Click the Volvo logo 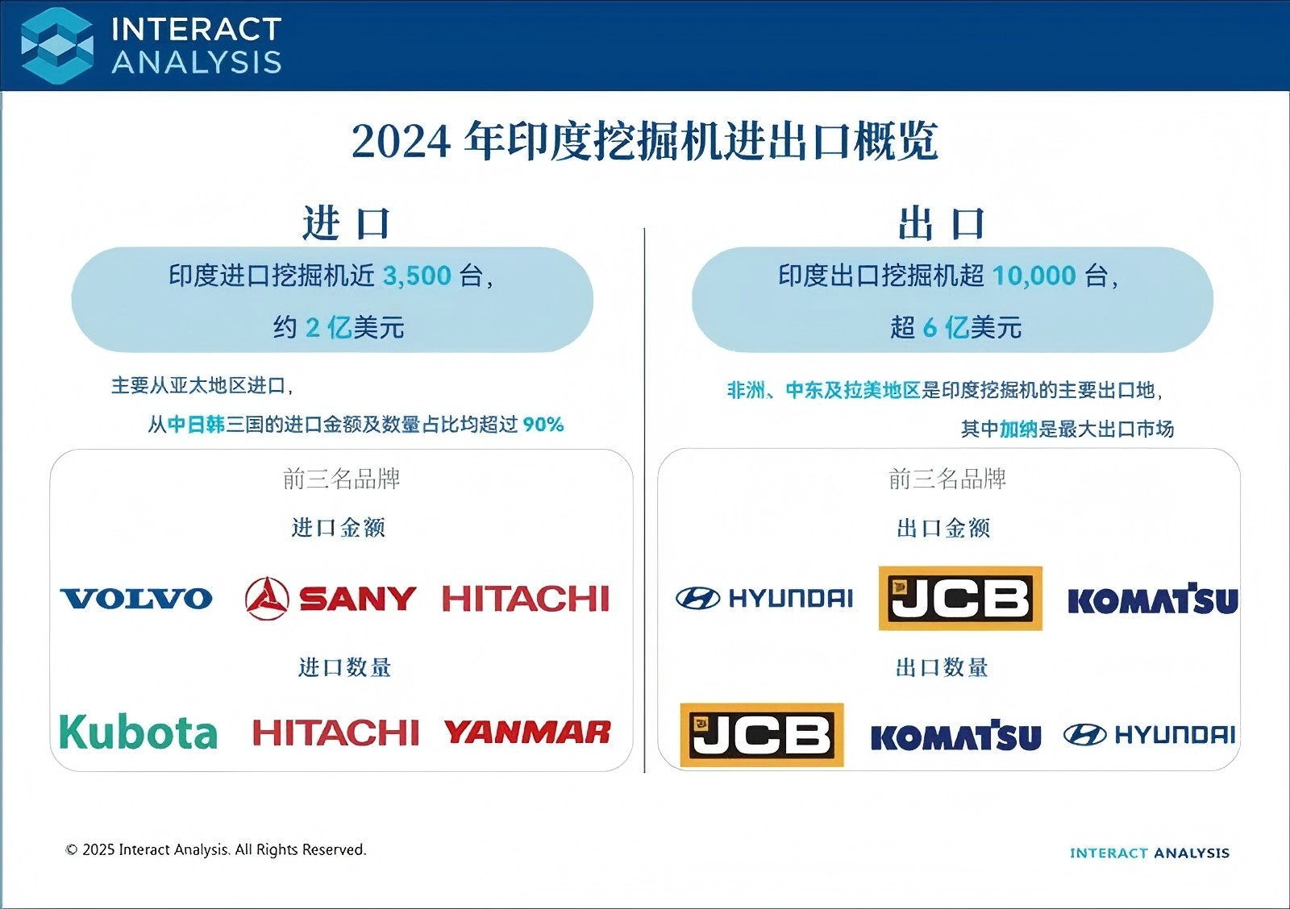pyautogui.click(x=136, y=599)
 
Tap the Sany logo pyautogui.click(x=330, y=599)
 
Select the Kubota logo pyautogui.click(x=139, y=732)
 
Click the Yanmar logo pyautogui.click(x=527, y=733)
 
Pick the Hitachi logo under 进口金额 pyautogui.click(x=526, y=599)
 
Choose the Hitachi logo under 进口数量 pyautogui.click(x=335, y=733)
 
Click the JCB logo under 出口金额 pyautogui.click(x=960, y=598)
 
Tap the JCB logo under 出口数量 pyautogui.click(x=762, y=735)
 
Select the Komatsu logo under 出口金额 pyautogui.click(x=1153, y=600)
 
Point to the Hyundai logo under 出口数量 pyautogui.click(x=1150, y=735)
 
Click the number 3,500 pyautogui.click(x=417, y=276)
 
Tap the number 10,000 pyautogui.click(x=1034, y=276)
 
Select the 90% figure pyautogui.click(x=543, y=425)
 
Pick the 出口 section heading pyautogui.click(x=943, y=223)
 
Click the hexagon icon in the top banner pyautogui.click(x=57, y=46)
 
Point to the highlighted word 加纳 pyautogui.click(x=1018, y=429)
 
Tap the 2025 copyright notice pyautogui.click(x=216, y=849)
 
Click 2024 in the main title pyautogui.click(x=401, y=142)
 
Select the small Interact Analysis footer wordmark pyautogui.click(x=1150, y=853)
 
